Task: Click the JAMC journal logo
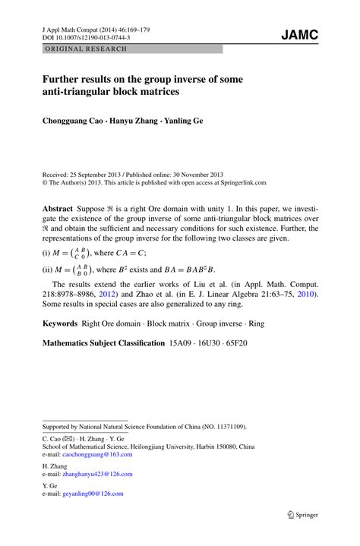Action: [299, 35]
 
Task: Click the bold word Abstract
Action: [58, 207]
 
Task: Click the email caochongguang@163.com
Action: [102, 453]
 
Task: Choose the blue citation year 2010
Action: [304, 293]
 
